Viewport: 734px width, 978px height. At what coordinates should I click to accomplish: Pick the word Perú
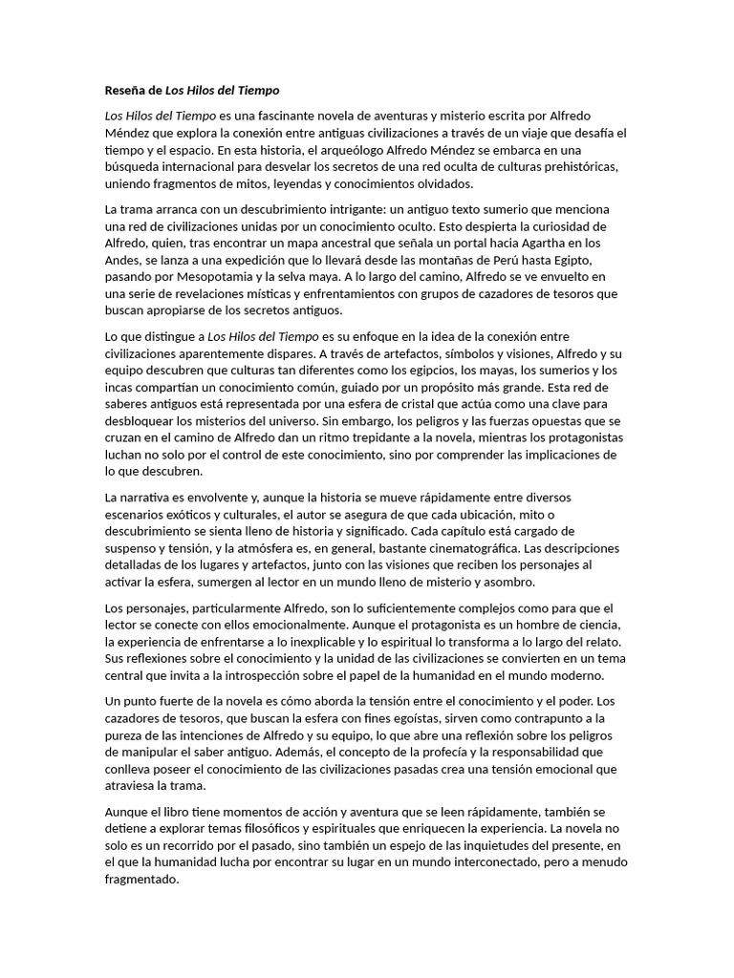pyautogui.click(x=487, y=260)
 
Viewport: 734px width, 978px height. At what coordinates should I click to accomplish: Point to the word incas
pyautogui.click(x=120, y=387)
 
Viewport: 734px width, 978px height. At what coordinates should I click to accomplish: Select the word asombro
pyautogui.click(x=511, y=582)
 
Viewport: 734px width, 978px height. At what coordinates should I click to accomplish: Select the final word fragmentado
pyautogui.click(x=141, y=880)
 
